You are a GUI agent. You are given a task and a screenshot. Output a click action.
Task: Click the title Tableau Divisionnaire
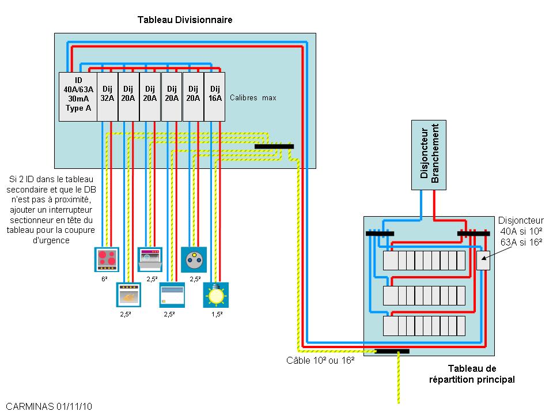[x=184, y=20]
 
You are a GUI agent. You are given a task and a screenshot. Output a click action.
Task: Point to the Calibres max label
[x=253, y=98]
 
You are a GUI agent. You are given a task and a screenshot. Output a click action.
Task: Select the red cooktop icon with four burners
[x=106, y=259]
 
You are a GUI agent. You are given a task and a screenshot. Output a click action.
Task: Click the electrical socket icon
[x=194, y=258]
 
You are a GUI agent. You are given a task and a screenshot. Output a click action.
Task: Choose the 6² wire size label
[x=104, y=278]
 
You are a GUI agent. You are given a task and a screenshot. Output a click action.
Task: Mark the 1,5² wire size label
[x=217, y=314]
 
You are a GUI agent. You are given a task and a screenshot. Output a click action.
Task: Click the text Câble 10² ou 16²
[x=320, y=361]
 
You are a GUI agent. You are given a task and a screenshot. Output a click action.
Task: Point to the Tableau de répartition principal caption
[x=472, y=374]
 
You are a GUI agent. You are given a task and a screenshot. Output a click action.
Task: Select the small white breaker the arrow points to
[x=483, y=261]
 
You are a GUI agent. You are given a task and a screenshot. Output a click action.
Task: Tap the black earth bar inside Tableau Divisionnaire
[x=274, y=146]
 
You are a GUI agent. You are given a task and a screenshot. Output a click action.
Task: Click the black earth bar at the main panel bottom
[x=392, y=351]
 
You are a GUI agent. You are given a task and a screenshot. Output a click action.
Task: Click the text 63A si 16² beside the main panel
[x=521, y=242]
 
